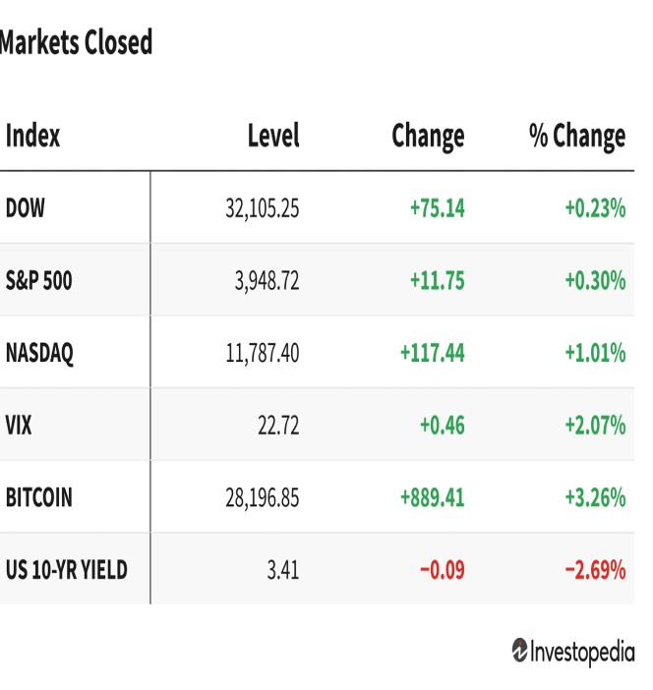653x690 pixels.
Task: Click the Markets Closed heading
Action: (76, 42)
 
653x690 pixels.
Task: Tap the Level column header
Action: (273, 135)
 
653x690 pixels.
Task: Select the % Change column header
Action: (577, 137)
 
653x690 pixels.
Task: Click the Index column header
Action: (32, 135)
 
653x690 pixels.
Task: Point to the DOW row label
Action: (26, 207)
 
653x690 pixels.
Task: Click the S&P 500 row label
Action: (38, 280)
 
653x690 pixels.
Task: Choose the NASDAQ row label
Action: (39, 353)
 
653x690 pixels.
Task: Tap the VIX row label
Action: (19, 425)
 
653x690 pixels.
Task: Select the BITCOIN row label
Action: (38, 497)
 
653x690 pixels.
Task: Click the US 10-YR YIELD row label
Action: (67, 570)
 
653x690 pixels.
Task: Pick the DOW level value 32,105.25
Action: (263, 208)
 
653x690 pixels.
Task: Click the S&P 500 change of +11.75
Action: (438, 281)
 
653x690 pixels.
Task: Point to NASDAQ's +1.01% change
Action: (595, 353)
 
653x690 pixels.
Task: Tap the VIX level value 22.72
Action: (278, 426)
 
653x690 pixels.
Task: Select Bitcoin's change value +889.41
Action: (433, 497)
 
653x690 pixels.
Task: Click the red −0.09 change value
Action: (443, 570)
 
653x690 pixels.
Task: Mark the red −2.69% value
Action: (595, 570)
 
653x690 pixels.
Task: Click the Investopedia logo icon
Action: (519, 650)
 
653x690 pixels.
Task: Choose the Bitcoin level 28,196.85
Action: (263, 498)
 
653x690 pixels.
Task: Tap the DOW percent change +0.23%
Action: (595, 208)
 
